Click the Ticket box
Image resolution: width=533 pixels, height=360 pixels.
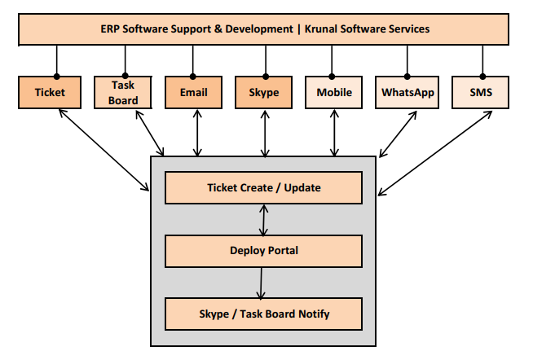(50, 92)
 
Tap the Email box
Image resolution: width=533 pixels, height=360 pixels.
(193, 92)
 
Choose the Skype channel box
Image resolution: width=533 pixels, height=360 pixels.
(263, 92)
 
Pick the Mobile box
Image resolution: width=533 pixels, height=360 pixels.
(333, 92)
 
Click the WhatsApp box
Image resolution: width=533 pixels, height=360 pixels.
(407, 92)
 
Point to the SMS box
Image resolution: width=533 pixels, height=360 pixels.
(482, 92)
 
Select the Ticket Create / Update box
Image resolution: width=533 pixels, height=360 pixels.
(263, 188)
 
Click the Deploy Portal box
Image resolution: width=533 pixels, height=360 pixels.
(263, 251)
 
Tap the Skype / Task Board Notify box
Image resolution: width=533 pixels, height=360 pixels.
(263, 314)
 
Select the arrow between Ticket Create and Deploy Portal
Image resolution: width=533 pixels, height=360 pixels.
(262, 219)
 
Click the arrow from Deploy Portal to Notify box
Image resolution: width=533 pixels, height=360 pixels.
(262, 283)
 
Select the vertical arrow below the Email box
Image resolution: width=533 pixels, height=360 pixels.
(196, 133)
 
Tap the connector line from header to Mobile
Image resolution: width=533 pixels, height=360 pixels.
(333, 60)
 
